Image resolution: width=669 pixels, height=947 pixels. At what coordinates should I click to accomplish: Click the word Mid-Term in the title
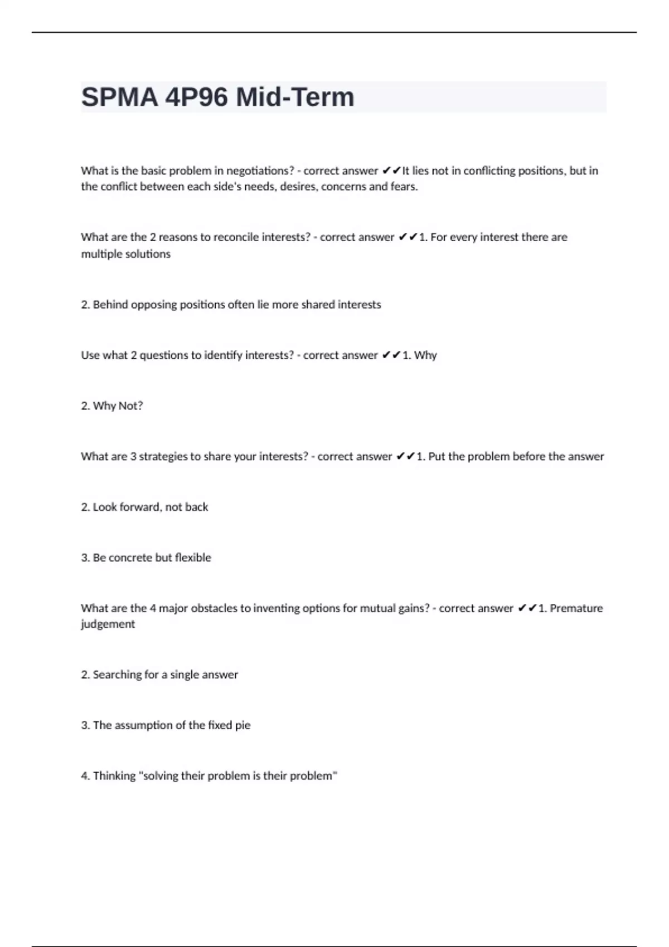tap(295, 97)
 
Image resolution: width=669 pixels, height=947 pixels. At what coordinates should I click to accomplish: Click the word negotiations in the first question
tap(259, 171)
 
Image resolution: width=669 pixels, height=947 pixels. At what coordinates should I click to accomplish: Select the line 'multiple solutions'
tap(125, 254)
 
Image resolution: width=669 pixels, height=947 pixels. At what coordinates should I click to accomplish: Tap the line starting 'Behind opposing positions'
tap(231, 305)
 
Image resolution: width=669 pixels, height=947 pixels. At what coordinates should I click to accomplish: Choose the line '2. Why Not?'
tap(111, 406)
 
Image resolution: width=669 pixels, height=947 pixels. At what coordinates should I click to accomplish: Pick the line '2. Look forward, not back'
tap(144, 507)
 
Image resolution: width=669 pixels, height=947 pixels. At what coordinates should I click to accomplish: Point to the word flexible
tap(193, 558)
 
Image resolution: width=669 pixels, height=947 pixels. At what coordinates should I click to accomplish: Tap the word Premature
tap(576, 608)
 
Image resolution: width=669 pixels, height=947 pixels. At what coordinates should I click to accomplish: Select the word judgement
tap(108, 624)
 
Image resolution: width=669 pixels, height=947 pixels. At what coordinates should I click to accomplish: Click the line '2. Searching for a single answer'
tap(159, 675)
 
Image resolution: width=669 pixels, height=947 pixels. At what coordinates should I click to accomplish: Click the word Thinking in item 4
tap(114, 776)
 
